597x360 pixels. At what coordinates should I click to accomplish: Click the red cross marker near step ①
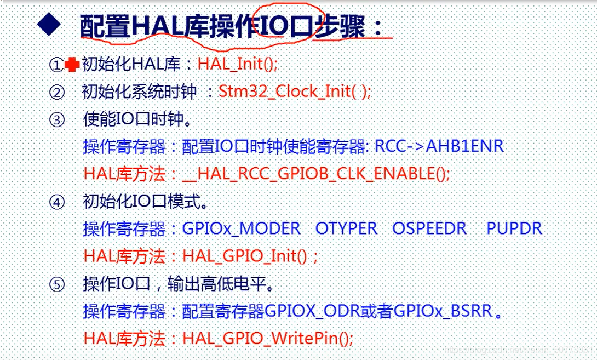(x=72, y=65)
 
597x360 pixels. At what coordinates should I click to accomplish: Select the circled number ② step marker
(x=57, y=92)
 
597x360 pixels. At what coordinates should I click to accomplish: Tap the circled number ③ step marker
(x=57, y=119)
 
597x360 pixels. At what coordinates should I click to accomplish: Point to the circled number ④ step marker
(x=57, y=202)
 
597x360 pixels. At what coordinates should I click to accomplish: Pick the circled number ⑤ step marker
(x=57, y=285)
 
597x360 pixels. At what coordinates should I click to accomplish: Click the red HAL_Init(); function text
(x=238, y=65)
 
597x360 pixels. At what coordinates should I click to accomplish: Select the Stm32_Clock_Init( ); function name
(x=295, y=91)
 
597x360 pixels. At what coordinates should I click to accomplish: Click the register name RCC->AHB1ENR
(x=439, y=146)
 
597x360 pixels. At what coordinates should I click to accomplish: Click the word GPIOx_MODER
(x=242, y=228)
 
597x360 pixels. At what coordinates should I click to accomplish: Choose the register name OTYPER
(x=346, y=228)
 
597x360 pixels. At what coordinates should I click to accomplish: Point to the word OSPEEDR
(x=429, y=228)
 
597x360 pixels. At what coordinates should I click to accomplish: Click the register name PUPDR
(x=514, y=228)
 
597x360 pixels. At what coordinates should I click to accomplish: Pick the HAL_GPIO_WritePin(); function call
(x=268, y=339)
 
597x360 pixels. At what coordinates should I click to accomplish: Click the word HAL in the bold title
(x=158, y=26)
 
